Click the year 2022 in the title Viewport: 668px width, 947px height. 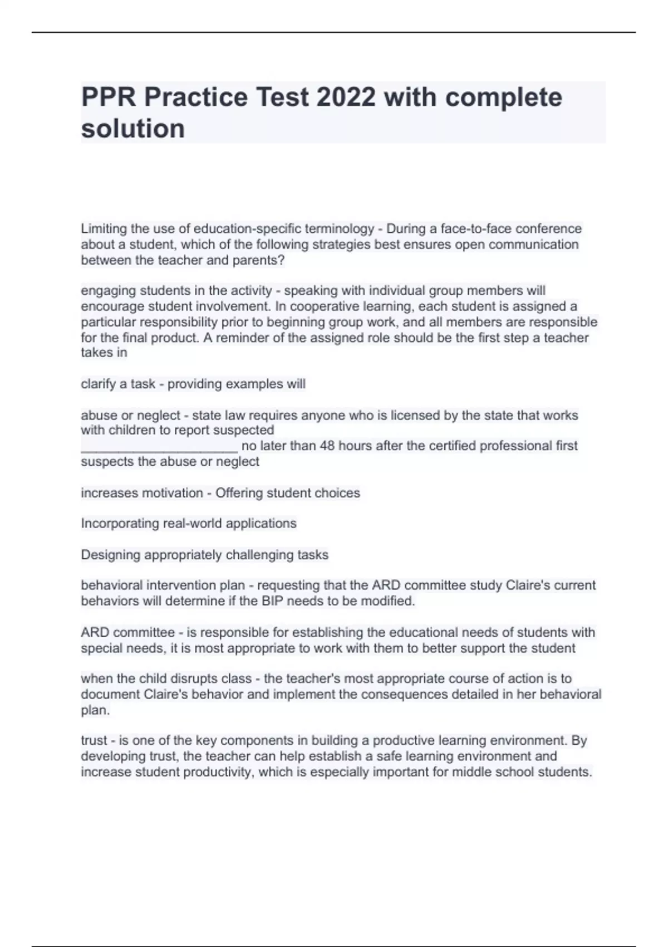coord(346,97)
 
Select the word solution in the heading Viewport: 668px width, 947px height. coord(133,129)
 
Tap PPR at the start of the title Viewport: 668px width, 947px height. coord(109,97)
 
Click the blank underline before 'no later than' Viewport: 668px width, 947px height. coord(159,446)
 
